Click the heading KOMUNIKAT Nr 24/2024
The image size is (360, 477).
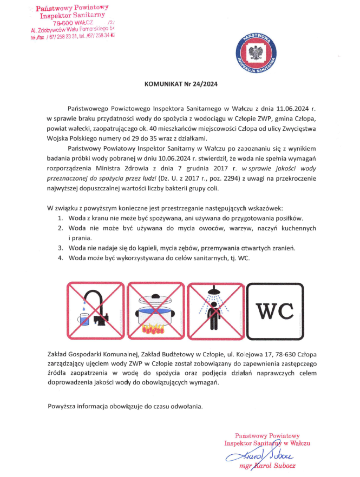tap(180, 84)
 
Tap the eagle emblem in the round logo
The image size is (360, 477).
tap(255, 53)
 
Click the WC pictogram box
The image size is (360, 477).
tap(274, 310)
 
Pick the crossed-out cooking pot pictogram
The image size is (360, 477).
tap(154, 310)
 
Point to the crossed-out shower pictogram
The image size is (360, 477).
tap(214, 310)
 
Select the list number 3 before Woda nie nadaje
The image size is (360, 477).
tap(61, 248)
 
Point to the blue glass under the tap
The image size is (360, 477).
tap(83, 319)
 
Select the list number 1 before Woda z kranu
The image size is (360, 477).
tap(61, 218)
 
